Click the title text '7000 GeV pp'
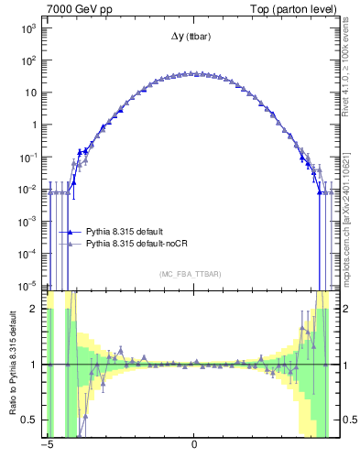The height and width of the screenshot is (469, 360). pos(74,7)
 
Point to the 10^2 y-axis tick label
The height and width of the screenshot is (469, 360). pos(27,61)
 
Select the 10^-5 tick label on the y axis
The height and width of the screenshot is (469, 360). pos(27,285)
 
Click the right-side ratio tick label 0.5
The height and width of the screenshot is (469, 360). pos(350,420)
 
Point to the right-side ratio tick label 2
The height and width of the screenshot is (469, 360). pos(345,309)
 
